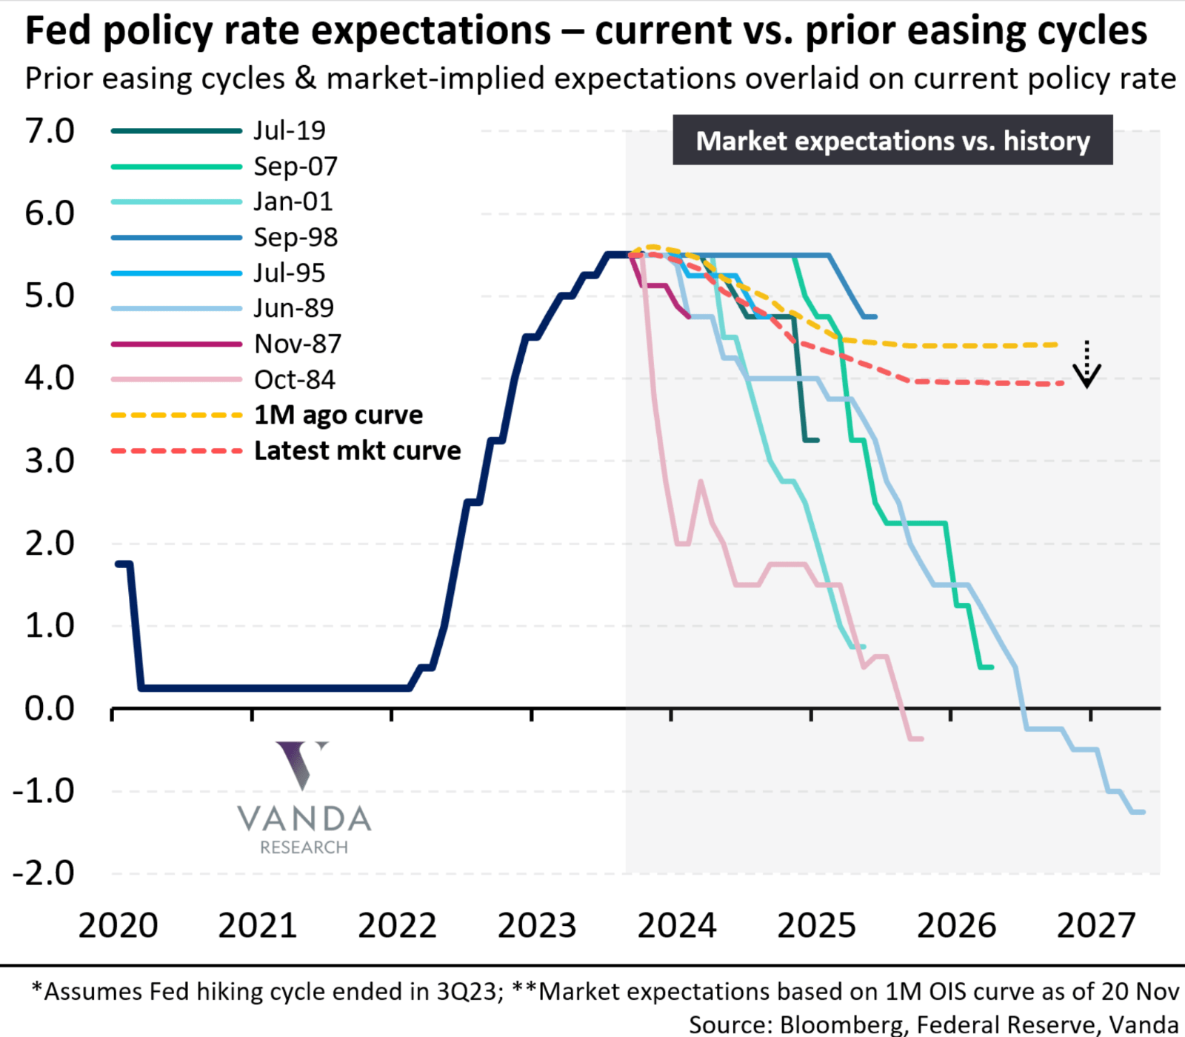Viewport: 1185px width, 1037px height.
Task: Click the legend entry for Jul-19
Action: point(289,130)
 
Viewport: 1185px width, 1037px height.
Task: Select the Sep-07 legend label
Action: point(295,166)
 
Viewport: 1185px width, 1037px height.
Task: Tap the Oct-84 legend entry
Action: point(294,379)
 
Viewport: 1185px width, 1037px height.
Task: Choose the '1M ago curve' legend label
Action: point(338,415)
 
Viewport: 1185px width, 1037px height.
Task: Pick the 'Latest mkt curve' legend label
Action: point(357,450)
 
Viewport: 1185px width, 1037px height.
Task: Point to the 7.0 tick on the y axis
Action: point(50,131)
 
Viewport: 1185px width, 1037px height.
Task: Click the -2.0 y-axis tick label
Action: point(43,873)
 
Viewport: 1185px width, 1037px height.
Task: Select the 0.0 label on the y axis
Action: point(50,708)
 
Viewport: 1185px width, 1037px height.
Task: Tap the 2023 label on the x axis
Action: point(537,925)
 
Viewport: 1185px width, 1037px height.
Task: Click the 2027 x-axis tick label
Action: point(1095,925)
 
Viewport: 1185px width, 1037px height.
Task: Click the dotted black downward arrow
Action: point(1086,365)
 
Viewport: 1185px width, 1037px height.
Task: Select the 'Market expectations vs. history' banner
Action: point(892,140)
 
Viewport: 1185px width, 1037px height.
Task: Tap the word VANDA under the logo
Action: point(304,819)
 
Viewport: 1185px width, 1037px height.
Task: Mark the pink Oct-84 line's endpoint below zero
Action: point(921,738)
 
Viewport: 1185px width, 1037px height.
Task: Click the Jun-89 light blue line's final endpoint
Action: point(1144,812)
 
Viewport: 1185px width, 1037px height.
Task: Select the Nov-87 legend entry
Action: point(297,344)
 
